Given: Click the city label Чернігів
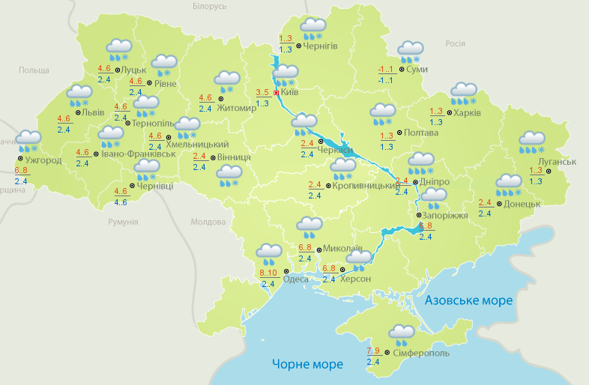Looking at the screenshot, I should [321, 46].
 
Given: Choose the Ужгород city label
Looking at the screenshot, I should [43, 160].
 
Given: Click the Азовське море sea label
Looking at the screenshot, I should [468, 300].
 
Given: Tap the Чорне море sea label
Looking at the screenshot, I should [307, 364].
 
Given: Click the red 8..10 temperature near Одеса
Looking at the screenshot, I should [268, 273].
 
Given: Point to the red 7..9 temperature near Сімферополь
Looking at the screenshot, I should [373, 351].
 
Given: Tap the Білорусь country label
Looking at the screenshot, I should [209, 6].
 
